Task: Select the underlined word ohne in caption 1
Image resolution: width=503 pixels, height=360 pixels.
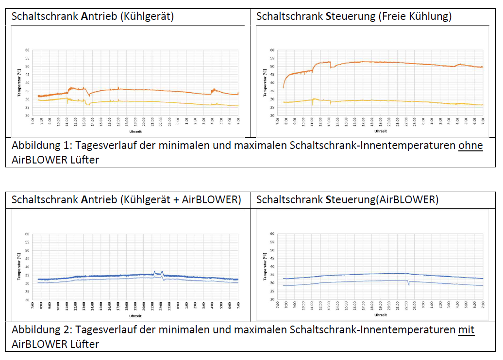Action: (x=470, y=146)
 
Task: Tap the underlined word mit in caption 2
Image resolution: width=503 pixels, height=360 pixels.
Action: (x=466, y=330)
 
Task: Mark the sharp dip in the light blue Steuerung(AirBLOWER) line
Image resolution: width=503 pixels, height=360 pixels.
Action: (x=408, y=284)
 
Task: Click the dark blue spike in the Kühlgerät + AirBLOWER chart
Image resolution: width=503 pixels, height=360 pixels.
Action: (x=154, y=272)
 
